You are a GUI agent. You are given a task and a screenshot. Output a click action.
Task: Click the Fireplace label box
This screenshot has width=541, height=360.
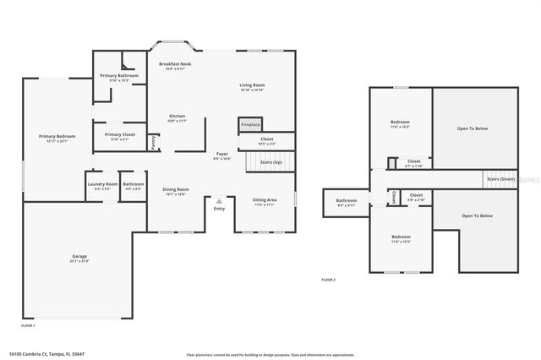click(x=250, y=124)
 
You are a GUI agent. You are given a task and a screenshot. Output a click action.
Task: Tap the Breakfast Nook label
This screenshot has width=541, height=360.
click(x=175, y=65)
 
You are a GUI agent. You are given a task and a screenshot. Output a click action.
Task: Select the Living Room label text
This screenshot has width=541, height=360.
click(x=252, y=85)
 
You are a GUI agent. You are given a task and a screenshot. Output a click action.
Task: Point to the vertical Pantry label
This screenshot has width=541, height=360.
click(x=153, y=143)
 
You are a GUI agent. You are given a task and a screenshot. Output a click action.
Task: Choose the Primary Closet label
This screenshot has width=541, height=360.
click(x=119, y=135)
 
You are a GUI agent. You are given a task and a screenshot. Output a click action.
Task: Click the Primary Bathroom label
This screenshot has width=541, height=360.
click(x=119, y=76)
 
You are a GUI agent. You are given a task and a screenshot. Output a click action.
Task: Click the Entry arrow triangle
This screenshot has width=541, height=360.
click(x=219, y=200)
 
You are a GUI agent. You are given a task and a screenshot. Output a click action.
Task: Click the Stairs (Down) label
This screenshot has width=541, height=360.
click(x=500, y=179)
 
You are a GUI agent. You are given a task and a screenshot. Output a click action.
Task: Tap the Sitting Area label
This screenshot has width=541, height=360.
click(x=265, y=201)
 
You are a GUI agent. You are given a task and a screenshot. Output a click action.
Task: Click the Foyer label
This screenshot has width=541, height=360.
click(x=221, y=155)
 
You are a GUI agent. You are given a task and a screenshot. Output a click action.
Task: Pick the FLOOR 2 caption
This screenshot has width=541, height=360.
click(x=328, y=280)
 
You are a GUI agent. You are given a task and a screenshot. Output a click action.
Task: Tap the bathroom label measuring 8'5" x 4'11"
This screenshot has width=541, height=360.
click(x=347, y=202)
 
